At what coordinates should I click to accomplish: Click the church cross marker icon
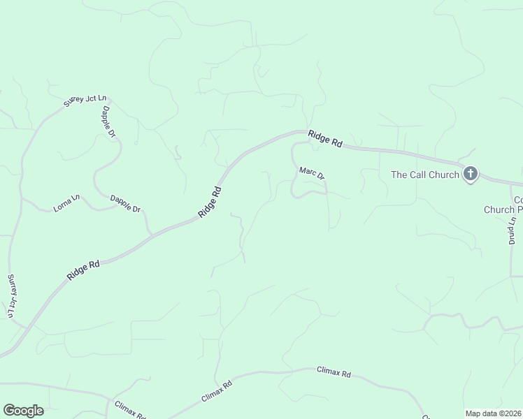471,174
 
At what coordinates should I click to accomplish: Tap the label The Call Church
425,175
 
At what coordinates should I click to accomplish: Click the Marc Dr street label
312,173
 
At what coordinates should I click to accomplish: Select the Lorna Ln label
67,204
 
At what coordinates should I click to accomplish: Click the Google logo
23,411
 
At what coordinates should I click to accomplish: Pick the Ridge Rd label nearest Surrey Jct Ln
84,270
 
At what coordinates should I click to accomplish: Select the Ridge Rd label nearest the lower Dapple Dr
210,202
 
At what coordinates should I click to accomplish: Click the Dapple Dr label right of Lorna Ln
125,203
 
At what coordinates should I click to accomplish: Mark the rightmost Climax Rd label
333,373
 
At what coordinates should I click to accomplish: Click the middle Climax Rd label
216,390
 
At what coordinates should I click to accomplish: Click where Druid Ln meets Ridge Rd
513,183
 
